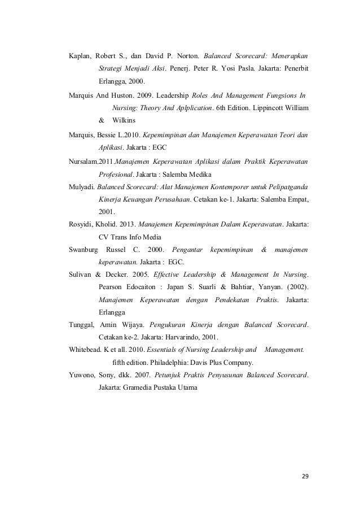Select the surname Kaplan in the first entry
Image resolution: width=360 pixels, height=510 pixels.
pyautogui.click(x=80, y=56)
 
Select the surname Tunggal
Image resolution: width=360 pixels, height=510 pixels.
pyautogui.click(x=82, y=325)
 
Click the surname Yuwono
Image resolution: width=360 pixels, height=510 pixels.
pyautogui.click(x=82, y=376)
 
